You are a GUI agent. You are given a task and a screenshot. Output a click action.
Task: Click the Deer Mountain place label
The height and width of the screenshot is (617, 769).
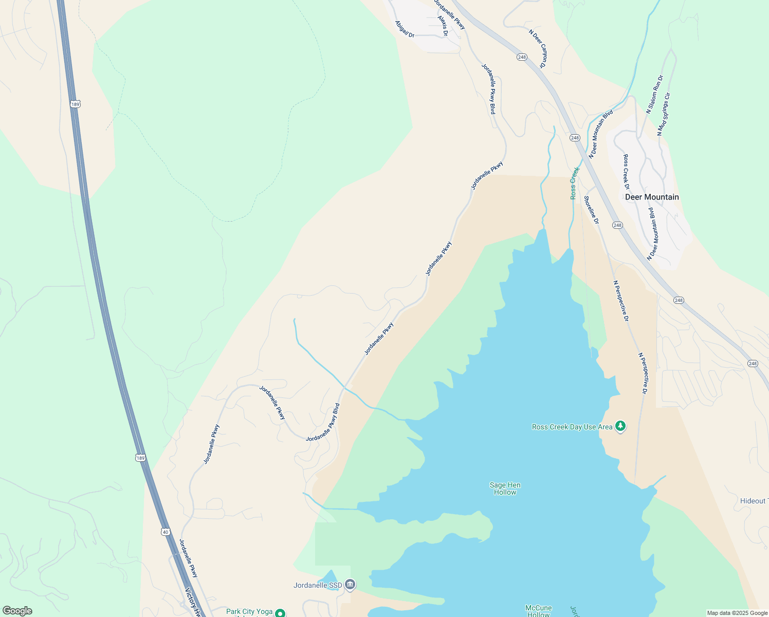click(652, 197)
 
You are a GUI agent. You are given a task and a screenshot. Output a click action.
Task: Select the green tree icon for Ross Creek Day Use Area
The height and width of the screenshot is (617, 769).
click(621, 426)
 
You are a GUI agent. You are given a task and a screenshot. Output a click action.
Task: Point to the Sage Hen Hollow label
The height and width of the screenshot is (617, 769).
click(505, 488)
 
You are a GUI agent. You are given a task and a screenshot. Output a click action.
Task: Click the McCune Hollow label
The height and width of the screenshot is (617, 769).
click(538, 611)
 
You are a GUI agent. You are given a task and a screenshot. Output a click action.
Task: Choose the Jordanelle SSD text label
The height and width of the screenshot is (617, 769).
click(318, 585)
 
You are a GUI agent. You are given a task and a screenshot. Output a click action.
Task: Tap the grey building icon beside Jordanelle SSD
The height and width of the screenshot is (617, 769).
click(350, 585)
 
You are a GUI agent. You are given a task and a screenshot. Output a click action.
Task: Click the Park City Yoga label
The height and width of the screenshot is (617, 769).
click(249, 611)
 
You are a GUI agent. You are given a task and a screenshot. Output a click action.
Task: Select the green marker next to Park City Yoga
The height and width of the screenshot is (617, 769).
click(280, 613)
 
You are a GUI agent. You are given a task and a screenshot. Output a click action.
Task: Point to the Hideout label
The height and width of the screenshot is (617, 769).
click(754, 501)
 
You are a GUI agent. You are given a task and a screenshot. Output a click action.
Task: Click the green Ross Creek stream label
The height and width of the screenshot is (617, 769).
click(575, 183)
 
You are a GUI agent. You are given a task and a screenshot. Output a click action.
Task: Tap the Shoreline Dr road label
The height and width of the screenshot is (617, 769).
click(592, 210)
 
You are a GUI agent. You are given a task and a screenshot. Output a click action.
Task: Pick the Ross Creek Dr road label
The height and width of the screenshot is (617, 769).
click(626, 172)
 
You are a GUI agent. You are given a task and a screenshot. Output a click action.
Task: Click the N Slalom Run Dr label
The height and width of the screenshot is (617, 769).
click(655, 94)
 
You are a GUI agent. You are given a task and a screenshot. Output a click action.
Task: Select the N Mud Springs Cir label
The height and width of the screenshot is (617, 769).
click(664, 114)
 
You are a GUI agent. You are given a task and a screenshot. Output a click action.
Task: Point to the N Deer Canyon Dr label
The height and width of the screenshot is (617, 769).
click(538, 48)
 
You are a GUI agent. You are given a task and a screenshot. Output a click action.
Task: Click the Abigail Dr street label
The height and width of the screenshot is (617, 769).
click(405, 29)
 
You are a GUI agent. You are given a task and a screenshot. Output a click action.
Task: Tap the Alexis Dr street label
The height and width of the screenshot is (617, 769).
click(443, 26)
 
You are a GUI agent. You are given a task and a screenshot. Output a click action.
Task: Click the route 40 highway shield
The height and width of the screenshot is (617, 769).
click(165, 532)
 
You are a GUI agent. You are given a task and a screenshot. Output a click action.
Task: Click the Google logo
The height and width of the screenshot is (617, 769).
click(17, 611)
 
